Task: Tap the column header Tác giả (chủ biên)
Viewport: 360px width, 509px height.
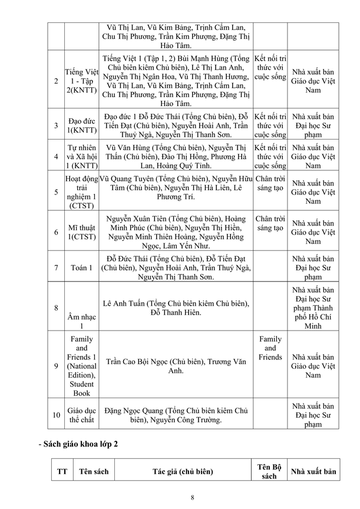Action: pyautogui.click(x=183, y=471)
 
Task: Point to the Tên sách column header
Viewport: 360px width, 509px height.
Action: pyautogui.click(x=94, y=471)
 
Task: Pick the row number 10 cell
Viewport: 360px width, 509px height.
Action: pyautogui.click(x=56, y=415)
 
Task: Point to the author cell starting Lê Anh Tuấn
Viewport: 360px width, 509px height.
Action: pyautogui.click(x=176, y=308)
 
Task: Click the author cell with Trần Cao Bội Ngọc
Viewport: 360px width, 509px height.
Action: pyautogui.click(x=176, y=366)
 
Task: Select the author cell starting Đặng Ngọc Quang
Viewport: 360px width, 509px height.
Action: pyautogui.click(x=176, y=415)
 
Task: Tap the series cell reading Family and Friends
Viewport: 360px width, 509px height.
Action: pyautogui.click(x=270, y=348)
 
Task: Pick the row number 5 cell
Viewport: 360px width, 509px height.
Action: pyautogui.click(x=56, y=192)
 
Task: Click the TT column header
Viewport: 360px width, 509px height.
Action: pyautogui.click(x=61, y=471)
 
